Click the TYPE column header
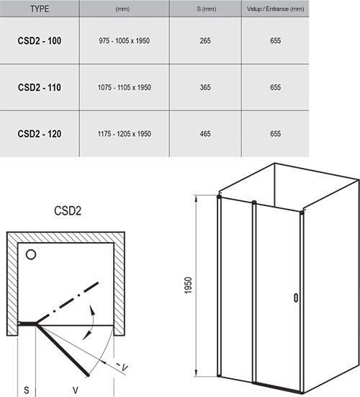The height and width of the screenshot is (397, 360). [x=40, y=9]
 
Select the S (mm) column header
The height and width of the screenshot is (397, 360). [x=207, y=9]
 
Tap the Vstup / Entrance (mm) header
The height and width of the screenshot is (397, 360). [x=275, y=9]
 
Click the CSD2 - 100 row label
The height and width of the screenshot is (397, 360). [x=40, y=41]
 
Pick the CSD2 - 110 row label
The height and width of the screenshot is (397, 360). [x=40, y=87]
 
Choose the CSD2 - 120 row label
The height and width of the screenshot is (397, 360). [x=40, y=134]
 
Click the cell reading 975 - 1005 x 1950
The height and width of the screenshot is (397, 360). [x=125, y=41]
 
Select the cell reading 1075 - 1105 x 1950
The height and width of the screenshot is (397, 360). [x=125, y=87]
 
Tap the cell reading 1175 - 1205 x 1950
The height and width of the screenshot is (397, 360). [x=125, y=134]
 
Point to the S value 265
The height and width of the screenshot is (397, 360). [x=205, y=41]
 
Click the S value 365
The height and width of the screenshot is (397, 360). [x=205, y=87]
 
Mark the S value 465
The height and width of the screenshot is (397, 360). [x=205, y=134]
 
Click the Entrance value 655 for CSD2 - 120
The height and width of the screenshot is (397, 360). [x=275, y=134]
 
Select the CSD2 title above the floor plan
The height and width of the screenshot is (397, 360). [x=68, y=210]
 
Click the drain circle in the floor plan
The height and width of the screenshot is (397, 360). [x=31, y=254]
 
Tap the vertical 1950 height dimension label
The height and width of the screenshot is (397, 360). [x=188, y=285]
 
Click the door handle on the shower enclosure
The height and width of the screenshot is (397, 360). [x=296, y=298]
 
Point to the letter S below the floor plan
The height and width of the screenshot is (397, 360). [x=27, y=391]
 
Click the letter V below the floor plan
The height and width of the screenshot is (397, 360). [x=75, y=391]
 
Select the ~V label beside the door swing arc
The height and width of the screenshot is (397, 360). [x=122, y=366]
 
